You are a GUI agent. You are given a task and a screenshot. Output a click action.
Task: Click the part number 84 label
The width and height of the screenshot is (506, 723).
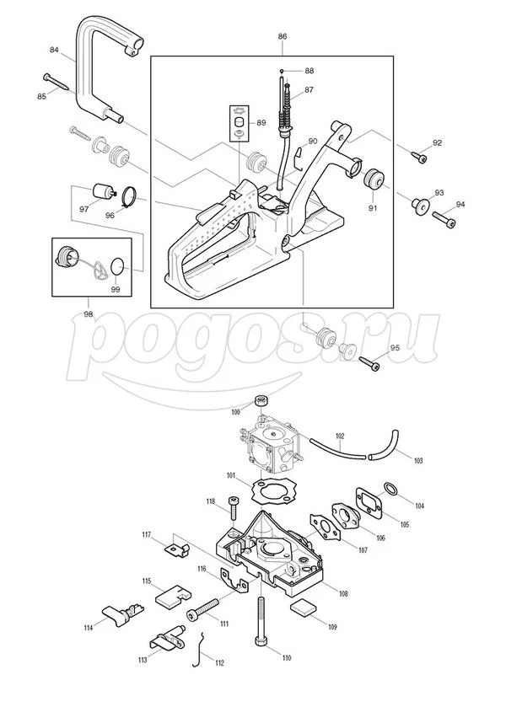[55, 50]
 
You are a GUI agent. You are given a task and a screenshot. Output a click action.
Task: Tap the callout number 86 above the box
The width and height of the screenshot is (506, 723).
[283, 36]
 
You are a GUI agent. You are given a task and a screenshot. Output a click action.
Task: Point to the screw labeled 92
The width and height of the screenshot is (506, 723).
[419, 156]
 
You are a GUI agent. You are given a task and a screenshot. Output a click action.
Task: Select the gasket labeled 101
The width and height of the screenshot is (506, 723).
[270, 492]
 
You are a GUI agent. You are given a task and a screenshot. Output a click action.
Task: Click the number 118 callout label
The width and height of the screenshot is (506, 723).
[211, 501]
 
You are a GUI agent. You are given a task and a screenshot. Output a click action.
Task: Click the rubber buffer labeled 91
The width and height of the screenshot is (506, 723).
[372, 179]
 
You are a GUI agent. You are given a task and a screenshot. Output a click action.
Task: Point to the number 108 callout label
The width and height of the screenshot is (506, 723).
[342, 594]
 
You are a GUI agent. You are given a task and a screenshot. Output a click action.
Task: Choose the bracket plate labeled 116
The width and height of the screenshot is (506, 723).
[234, 580]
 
